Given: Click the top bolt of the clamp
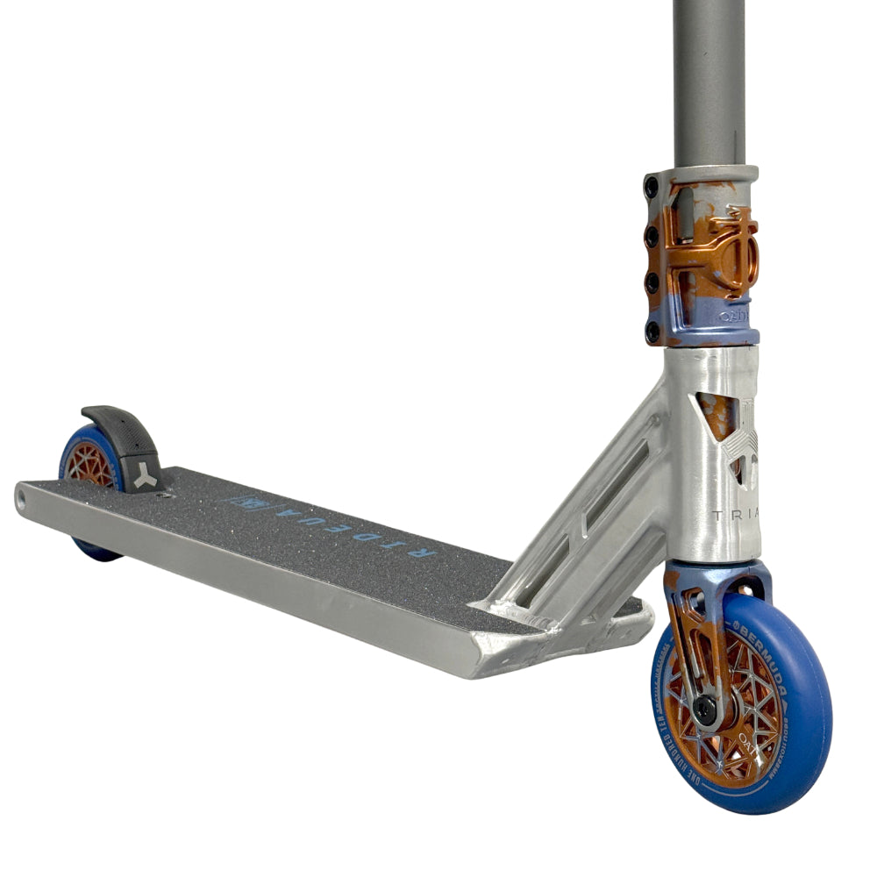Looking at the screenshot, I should [652, 187].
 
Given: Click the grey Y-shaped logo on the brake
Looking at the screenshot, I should [145, 476].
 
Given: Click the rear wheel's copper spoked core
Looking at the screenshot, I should [90, 465].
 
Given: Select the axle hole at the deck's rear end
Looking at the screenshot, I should [20, 500].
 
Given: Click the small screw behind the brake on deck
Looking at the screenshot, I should [163, 496].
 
